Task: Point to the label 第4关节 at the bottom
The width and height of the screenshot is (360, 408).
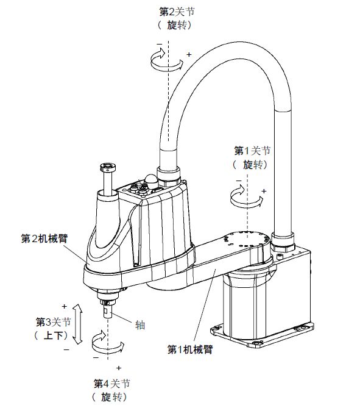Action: [111, 383]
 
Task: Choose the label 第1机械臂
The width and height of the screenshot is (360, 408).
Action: [189, 349]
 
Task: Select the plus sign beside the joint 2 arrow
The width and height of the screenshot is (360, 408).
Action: [189, 55]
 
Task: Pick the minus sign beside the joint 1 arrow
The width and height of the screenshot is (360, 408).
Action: [238, 182]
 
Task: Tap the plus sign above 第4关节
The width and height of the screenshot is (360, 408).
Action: [118, 368]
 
